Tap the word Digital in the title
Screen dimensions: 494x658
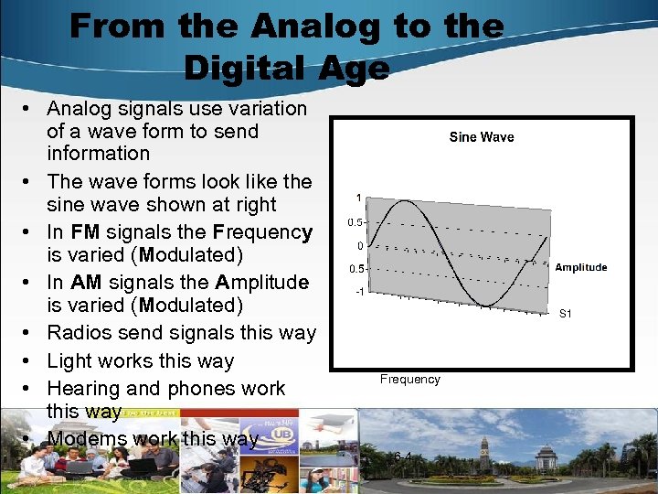click(x=240, y=68)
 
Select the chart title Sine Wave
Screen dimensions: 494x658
click(x=482, y=137)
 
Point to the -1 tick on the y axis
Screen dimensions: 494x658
click(x=361, y=292)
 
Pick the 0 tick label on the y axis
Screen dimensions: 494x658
click(x=362, y=245)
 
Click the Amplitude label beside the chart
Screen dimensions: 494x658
click(x=580, y=267)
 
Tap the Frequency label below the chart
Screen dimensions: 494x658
click(x=410, y=379)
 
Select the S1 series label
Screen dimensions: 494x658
click(x=565, y=314)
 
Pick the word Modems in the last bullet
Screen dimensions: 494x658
click(x=87, y=439)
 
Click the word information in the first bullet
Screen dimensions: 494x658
click(x=98, y=154)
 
